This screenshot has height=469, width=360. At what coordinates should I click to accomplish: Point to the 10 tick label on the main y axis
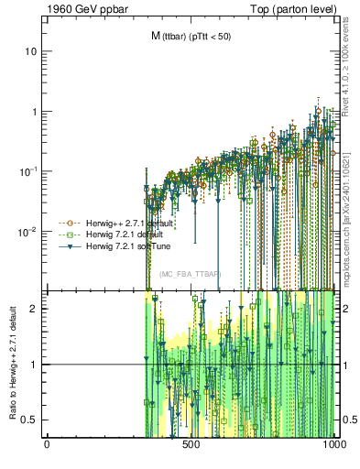click(x=31, y=51)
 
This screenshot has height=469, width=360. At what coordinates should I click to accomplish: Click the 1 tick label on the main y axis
click(x=34, y=112)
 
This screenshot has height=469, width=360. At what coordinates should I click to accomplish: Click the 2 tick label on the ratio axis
click(x=34, y=308)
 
